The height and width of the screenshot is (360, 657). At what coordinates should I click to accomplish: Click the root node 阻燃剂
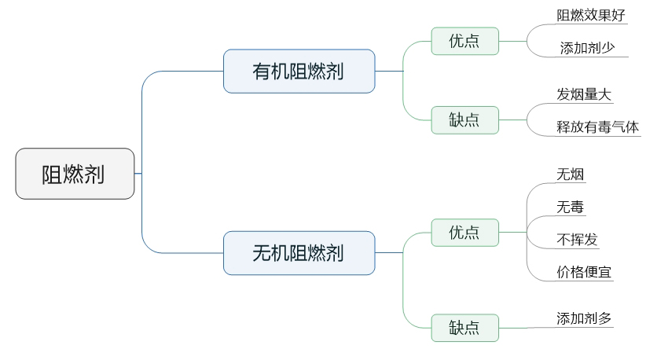tap(75, 174)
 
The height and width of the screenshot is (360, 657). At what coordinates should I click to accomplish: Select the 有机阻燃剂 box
tap(299, 72)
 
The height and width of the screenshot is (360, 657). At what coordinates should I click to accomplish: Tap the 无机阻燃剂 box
tap(299, 253)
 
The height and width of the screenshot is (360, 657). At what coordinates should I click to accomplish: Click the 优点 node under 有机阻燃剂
tap(464, 41)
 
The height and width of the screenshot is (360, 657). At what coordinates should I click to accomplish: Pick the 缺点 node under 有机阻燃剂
tap(464, 120)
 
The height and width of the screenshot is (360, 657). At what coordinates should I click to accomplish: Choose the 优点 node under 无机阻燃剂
tap(464, 233)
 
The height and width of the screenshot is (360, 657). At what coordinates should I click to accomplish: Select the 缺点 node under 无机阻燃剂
tap(464, 327)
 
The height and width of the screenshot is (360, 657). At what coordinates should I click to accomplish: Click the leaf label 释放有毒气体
tap(597, 127)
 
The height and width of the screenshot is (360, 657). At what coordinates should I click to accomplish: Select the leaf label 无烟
tap(571, 174)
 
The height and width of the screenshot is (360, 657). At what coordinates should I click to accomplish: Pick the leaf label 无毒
tap(571, 208)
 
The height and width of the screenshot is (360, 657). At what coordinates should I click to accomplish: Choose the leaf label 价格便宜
tap(584, 273)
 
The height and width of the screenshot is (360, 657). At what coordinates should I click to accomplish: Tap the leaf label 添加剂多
tap(584, 318)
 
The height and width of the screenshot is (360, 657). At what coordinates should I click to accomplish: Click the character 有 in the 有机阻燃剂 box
tap(261, 72)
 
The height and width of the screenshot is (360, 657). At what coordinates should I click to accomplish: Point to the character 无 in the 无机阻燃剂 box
tap(261, 253)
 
